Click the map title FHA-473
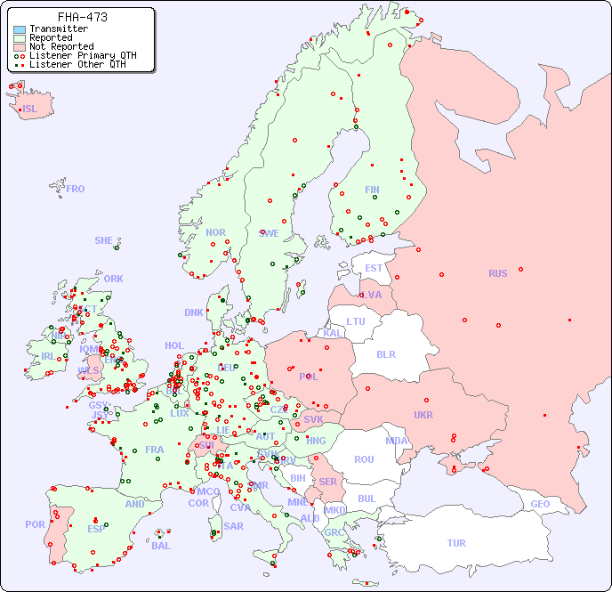click(83, 17)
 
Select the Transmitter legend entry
click(58, 29)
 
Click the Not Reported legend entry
click(60, 46)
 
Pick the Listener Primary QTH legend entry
click(83, 55)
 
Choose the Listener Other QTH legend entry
click(79, 64)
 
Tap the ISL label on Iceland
click(30, 109)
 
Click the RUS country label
click(497, 273)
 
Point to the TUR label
click(456, 543)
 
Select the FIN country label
click(372, 190)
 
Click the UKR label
click(423, 415)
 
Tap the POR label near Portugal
click(35, 524)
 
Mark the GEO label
click(540, 504)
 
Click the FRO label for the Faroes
click(76, 189)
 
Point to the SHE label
click(104, 240)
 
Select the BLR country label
click(386, 353)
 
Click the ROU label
click(364, 459)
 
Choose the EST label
click(374, 268)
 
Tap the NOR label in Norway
click(215, 232)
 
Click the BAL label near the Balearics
click(161, 546)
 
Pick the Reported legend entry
click(51, 37)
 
